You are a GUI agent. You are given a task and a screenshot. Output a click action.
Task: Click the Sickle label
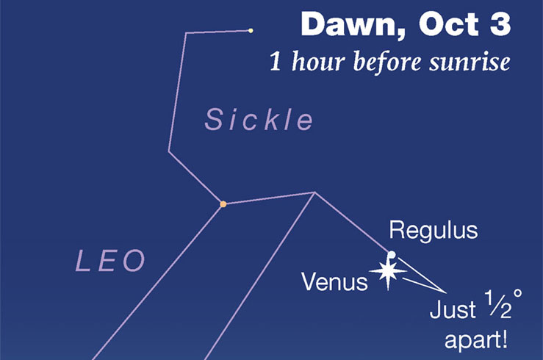click(259, 120)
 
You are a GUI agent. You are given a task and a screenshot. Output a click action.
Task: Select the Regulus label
click(434, 231)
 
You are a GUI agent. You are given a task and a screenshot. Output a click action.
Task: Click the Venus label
click(335, 281)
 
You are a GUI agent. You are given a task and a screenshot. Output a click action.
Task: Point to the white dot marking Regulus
click(392, 255)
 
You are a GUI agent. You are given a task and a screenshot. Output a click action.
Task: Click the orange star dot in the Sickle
click(223, 204)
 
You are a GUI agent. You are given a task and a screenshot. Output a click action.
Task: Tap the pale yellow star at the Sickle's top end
click(251, 30)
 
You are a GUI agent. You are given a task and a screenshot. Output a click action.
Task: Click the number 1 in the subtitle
click(275, 62)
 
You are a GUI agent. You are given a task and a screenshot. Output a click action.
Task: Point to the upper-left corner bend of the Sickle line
click(187, 32)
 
